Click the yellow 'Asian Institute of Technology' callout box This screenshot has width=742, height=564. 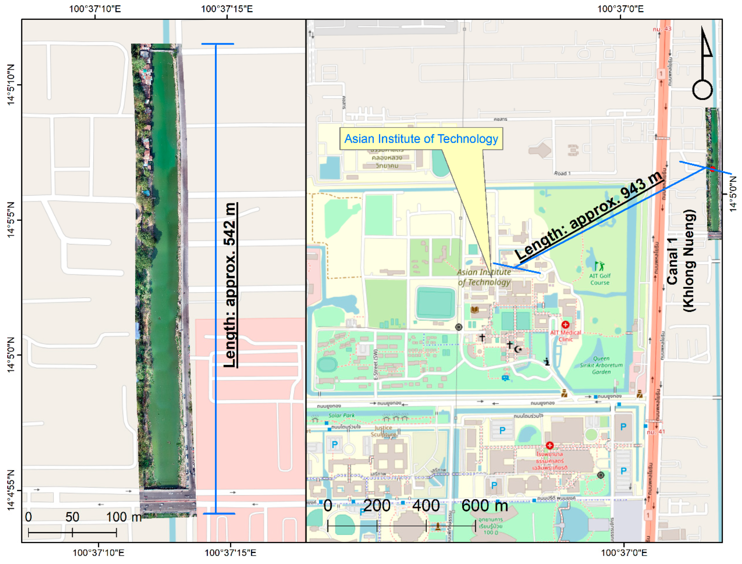click(421, 139)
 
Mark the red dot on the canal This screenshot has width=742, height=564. click(712, 169)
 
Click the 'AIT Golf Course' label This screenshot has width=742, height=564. click(600, 279)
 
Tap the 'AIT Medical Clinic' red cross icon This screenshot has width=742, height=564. click(565, 325)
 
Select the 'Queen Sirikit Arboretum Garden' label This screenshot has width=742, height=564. click(601, 365)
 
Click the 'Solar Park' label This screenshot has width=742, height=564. click(342, 415)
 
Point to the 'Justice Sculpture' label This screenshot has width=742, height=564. click(383, 431)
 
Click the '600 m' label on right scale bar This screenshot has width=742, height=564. click(484, 506)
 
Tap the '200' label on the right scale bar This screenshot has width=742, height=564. click(377, 506)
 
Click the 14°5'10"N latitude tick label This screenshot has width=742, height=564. click(11, 85)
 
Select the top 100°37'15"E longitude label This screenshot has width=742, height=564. click(227, 9)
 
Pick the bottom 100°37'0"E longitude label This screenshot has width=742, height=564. click(624, 553)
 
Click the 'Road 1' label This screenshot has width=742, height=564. click(562, 173)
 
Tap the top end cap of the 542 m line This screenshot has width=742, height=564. click(217, 44)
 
